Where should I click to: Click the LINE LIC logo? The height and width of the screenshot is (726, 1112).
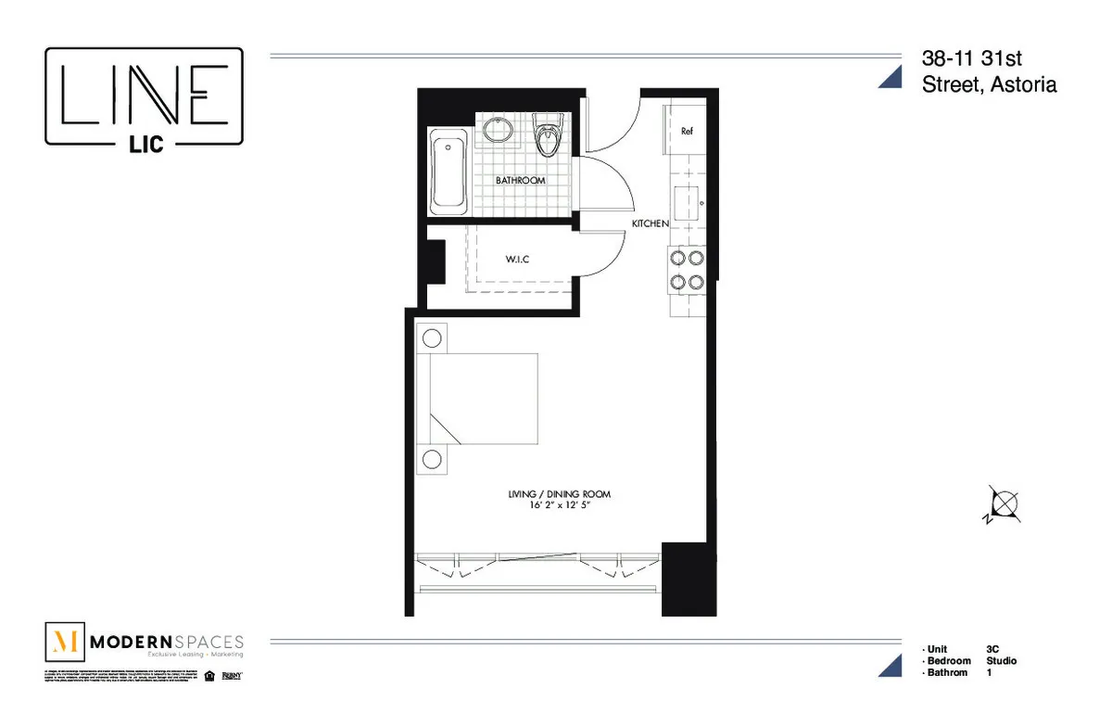145,97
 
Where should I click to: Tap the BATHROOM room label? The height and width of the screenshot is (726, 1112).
519,180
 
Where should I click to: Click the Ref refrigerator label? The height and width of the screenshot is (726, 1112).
687,132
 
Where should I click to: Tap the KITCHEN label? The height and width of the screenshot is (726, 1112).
650,224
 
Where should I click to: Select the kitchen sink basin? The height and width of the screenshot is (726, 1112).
687,201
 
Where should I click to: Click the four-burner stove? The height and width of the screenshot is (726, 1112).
687,270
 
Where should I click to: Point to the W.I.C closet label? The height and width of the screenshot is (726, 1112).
517,260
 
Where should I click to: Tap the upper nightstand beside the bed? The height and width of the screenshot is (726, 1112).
432,337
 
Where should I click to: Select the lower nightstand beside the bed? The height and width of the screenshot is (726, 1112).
432,459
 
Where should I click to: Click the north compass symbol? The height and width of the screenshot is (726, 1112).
1002,505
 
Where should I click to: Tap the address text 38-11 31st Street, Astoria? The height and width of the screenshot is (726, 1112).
988,71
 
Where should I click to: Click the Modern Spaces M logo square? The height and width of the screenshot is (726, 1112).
65,642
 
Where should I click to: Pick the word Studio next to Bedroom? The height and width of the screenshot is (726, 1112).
1002,661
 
